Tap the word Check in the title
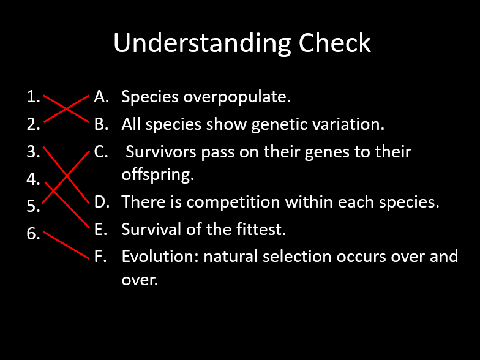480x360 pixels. (x=335, y=44)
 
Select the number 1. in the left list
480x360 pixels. (x=34, y=96)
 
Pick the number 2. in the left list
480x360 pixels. (x=34, y=124)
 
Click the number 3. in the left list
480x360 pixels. (x=34, y=152)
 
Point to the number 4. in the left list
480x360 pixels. (x=34, y=179)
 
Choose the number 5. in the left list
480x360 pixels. (x=34, y=207)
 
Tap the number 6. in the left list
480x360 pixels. (x=34, y=234)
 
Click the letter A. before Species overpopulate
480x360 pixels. (x=102, y=97)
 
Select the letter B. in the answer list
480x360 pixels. (x=102, y=124)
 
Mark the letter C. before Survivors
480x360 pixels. (x=102, y=152)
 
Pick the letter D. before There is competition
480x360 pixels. (x=102, y=201)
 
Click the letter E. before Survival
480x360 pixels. (x=101, y=230)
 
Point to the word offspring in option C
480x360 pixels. (x=157, y=175)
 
